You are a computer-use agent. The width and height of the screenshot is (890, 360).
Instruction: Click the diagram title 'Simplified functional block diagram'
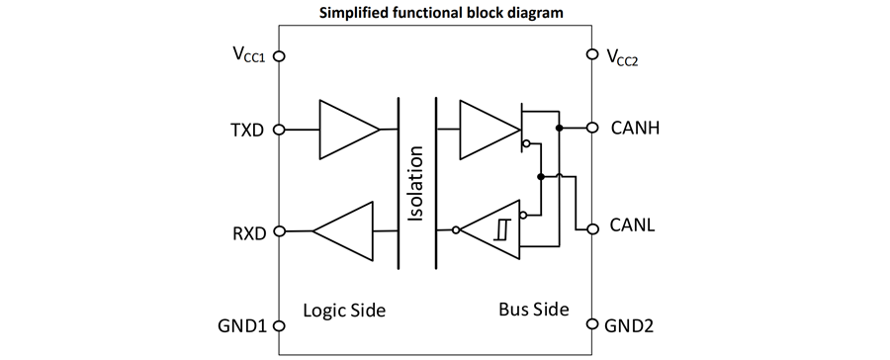click(441, 13)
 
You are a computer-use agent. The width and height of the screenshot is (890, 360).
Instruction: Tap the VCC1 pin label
click(248, 54)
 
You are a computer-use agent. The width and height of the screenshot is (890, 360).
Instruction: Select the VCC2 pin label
click(622, 57)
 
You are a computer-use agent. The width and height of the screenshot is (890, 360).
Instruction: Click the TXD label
click(247, 130)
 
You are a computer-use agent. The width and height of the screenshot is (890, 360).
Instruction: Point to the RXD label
click(247, 233)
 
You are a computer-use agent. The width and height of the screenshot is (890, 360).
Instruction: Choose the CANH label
click(635, 128)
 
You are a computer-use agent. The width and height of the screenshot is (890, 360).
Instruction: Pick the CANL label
click(632, 225)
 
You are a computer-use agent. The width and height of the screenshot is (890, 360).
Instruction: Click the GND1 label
click(242, 326)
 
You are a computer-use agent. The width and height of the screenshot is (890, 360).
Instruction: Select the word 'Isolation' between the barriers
click(416, 184)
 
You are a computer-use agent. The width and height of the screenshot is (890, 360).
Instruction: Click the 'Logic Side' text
click(344, 311)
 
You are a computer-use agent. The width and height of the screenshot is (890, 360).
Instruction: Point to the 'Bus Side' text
click(534, 310)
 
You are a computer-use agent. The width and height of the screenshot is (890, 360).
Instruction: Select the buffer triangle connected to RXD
click(344, 231)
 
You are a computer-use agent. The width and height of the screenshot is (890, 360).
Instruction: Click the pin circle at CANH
click(592, 128)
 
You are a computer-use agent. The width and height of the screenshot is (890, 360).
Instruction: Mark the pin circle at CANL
click(592, 228)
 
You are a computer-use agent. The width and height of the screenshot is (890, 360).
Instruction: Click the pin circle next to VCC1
click(279, 56)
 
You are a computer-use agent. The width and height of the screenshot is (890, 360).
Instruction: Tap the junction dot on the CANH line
click(559, 128)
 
